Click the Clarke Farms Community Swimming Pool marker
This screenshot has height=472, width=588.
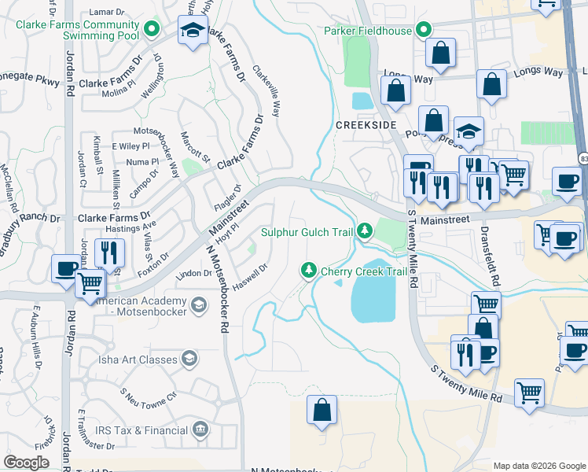tap(153, 31)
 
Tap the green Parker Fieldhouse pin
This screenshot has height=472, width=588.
tap(424, 31)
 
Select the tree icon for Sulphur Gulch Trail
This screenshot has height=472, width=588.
tap(364, 230)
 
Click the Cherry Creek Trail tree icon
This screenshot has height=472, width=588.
tap(309, 271)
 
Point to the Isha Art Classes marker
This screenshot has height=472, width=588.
tap(189, 360)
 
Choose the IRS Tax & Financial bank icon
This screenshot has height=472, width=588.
tap(200, 430)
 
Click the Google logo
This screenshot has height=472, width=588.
tap(26, 463)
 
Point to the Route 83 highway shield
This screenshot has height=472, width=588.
tap(582, 159)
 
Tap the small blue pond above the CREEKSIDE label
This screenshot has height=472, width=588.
tap(363, 101)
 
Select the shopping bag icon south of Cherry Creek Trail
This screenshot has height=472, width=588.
tap(322, 410)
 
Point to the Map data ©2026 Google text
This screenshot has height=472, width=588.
tap(539, 465)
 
